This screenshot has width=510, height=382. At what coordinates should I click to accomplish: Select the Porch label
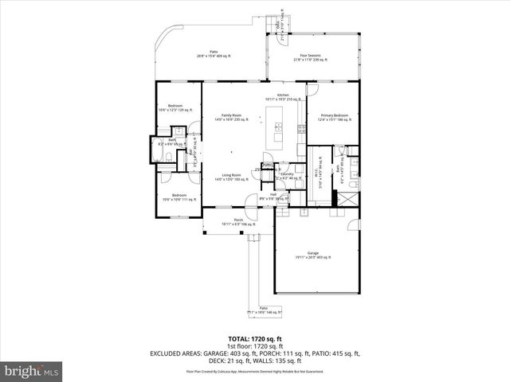click(x=237, y=221)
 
